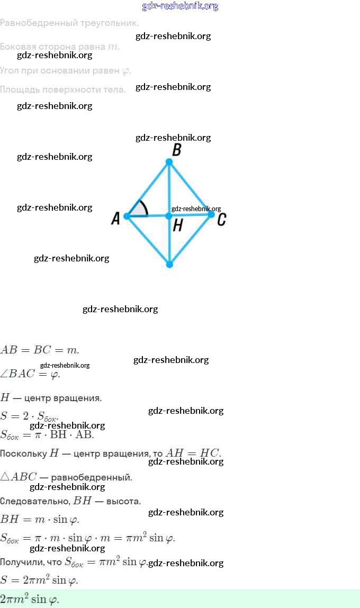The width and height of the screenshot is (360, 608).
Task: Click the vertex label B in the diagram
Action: click(177, 150)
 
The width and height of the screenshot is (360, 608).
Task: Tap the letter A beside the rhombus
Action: click(116, 218)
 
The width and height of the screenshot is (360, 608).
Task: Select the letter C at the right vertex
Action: click(222, 219)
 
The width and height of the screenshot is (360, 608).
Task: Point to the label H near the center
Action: click(178, 226)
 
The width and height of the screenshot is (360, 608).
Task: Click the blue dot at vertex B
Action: click(169, 162)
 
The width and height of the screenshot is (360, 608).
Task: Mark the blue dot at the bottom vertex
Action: click(169, 264)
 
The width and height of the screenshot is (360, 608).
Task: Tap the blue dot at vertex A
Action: click(127, 216)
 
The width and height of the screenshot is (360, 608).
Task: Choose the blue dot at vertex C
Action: click(211, 214)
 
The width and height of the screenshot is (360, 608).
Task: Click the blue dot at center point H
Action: click(169, 216)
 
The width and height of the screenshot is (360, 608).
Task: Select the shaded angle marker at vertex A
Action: click(138, 210)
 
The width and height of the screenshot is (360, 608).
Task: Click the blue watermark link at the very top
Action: click(180, 6)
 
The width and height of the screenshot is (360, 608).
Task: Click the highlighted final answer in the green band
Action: click(30, 600)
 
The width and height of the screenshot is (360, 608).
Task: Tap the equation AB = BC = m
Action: click(40, 350)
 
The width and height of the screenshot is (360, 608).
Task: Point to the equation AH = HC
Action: click(193, 453)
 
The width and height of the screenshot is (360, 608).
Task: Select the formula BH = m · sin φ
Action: click(40, 519)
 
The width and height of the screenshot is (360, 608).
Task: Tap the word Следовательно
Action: click(35, 501)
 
